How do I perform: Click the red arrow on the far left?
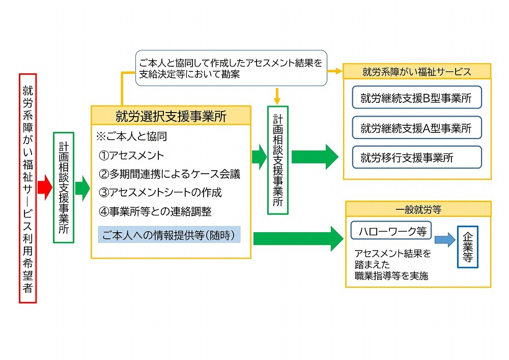(45, 188)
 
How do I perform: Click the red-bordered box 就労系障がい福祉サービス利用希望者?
(27, 188)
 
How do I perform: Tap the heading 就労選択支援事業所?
(171, 116)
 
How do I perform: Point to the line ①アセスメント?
(132, 155)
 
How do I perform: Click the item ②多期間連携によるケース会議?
(169, 174)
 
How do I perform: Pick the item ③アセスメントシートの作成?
(160, 193)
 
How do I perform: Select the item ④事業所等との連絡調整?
(155, 211)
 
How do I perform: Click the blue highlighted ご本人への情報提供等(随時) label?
(169, 235)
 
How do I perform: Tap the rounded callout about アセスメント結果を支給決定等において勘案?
(231, 68)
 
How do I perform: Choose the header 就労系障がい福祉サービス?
(417, 72)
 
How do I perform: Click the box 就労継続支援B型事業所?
(416, 99)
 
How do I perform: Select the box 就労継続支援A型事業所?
(416, 128)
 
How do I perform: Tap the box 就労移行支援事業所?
(416, 157)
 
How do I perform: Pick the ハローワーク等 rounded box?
(391, 231)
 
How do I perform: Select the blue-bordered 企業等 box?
(467, 246)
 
